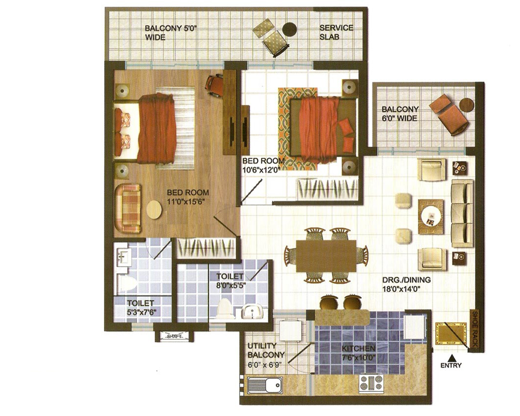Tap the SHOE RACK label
pyautogui.click(x=475, y=329)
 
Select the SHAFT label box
pyautogui.click(x=174, y=336)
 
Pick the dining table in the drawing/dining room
pyautogui.click(x=326, y=256)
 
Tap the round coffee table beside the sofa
pyautogui.click(x=431, y=216)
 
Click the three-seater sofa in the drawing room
pyautogui.click(x=462, y=213)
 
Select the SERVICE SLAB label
pyautogui.click(x=336, y=32)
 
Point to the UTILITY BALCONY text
pyautogui.click(x=266, y=350)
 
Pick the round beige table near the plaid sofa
pyautogui.click(x=154, y=209)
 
